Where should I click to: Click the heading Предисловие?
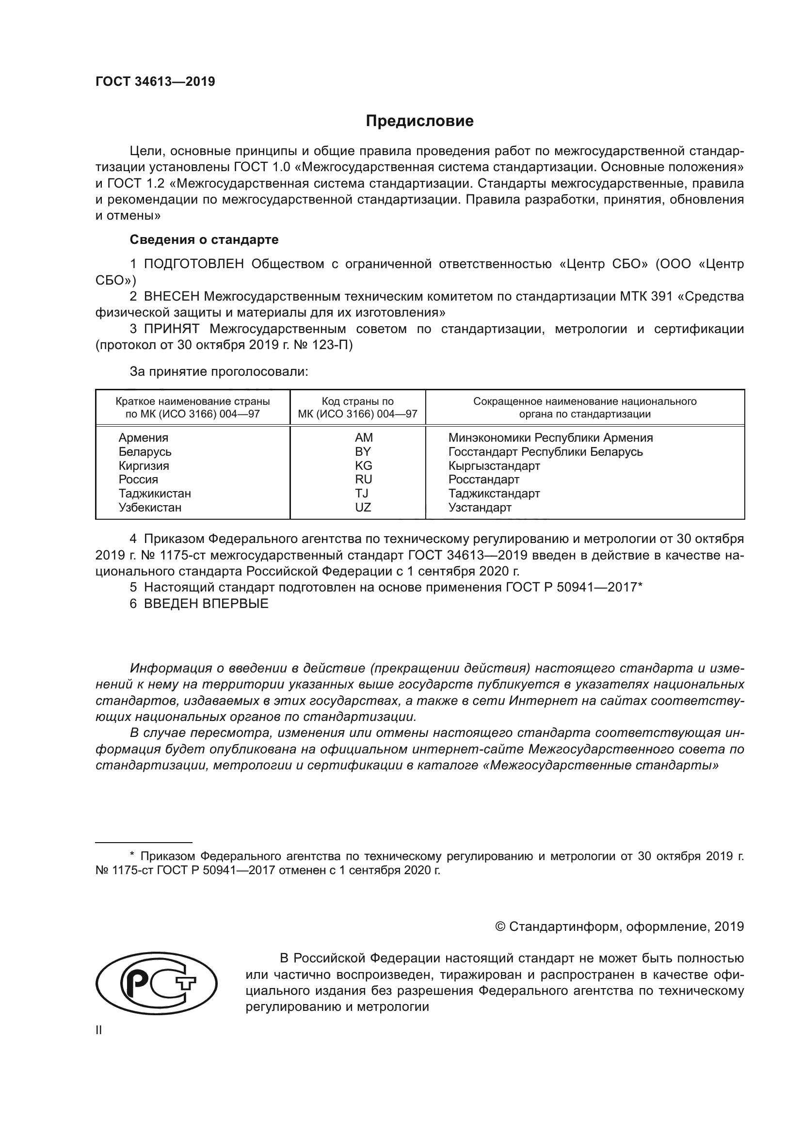419,121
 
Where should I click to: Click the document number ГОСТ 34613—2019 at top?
155,82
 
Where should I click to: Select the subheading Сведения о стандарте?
204,240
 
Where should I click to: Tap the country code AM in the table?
364,438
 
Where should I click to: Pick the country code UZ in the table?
363,507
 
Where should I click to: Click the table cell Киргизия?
144,466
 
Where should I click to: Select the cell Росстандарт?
483,479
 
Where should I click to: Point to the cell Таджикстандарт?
494,494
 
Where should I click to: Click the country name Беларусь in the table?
144,452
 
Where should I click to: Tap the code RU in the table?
364,479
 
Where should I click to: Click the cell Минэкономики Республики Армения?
550,438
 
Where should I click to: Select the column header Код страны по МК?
357,407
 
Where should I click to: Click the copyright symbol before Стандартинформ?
500,926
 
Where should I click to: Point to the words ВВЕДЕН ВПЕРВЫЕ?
206,604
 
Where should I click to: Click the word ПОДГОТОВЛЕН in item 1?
194,264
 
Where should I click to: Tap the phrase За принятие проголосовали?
219,372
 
